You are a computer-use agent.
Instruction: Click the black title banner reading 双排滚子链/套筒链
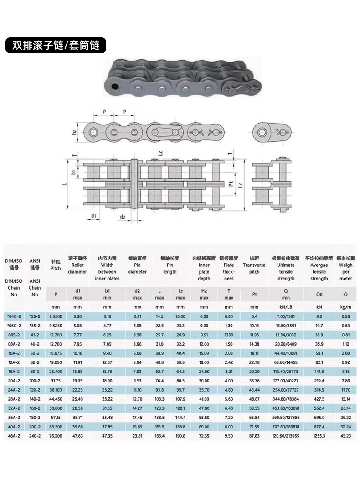coord(56,45)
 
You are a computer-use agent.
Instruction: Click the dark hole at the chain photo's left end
coord(115,86)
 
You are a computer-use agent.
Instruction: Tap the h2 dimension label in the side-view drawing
coord(74,132)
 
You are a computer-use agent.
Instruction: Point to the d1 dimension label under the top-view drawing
coord(93,216)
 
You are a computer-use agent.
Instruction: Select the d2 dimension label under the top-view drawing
coord(122,217)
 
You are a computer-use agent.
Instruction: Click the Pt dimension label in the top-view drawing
coord(231,183)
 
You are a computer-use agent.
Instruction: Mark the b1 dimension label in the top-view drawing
coord(73,173)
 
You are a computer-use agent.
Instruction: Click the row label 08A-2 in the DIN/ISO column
coord(14,344)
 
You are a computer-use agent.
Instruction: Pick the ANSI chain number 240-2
coord(35,436)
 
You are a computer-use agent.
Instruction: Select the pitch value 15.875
coord(56,353)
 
